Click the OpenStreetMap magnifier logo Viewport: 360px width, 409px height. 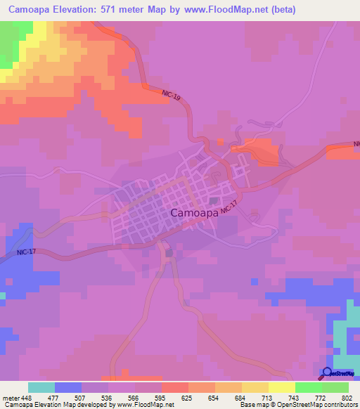pos(327,373)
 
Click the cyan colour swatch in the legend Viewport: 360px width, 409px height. pos(41,387)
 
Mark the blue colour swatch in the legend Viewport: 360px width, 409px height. pos(67,387)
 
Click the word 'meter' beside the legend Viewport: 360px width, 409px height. pos(11,397)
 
